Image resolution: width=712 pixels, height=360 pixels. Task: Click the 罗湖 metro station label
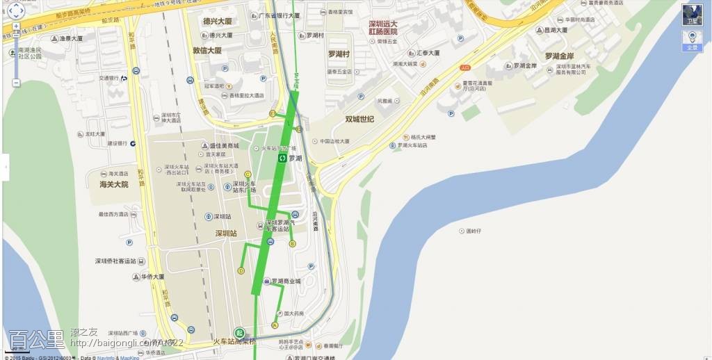(296, 158)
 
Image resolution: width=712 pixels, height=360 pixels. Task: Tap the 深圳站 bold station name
(227, 234)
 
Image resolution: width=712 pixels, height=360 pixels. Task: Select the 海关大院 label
(109, 184)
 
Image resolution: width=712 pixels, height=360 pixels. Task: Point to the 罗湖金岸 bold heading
(559, 56)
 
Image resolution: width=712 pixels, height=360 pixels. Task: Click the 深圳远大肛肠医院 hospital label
(383, 27)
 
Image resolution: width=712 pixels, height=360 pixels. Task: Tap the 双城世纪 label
(359, 119)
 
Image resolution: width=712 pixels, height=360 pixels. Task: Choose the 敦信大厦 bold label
(207, 51)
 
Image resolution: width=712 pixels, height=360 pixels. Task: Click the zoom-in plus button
(16, 33)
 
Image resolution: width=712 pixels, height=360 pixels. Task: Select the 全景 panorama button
(692, 41)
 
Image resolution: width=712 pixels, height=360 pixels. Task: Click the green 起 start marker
(239, 333)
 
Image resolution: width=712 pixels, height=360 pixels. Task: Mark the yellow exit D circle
(241, 270)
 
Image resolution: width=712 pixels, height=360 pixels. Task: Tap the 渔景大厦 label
(71, 39)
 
